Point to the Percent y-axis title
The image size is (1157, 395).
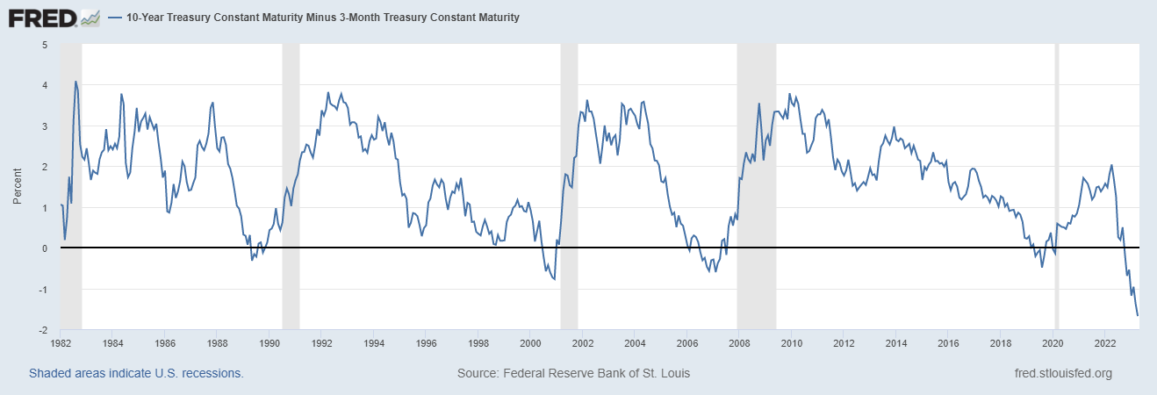pos(18,187)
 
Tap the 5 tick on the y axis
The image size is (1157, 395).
pos(45,45)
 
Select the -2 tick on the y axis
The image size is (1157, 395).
pos(43,330)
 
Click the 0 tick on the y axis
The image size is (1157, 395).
pos(45,248)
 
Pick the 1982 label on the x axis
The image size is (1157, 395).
pos(61,344)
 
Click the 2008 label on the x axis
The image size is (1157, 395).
pos(738,344)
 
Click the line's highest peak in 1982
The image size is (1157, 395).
pos(75,82)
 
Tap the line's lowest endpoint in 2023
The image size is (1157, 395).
pos(1138,315)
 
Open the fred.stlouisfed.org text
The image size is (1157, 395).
pos(1062,373)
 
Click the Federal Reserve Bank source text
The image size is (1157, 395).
pos(573,373)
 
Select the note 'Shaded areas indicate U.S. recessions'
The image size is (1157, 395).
pos(136,373)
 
